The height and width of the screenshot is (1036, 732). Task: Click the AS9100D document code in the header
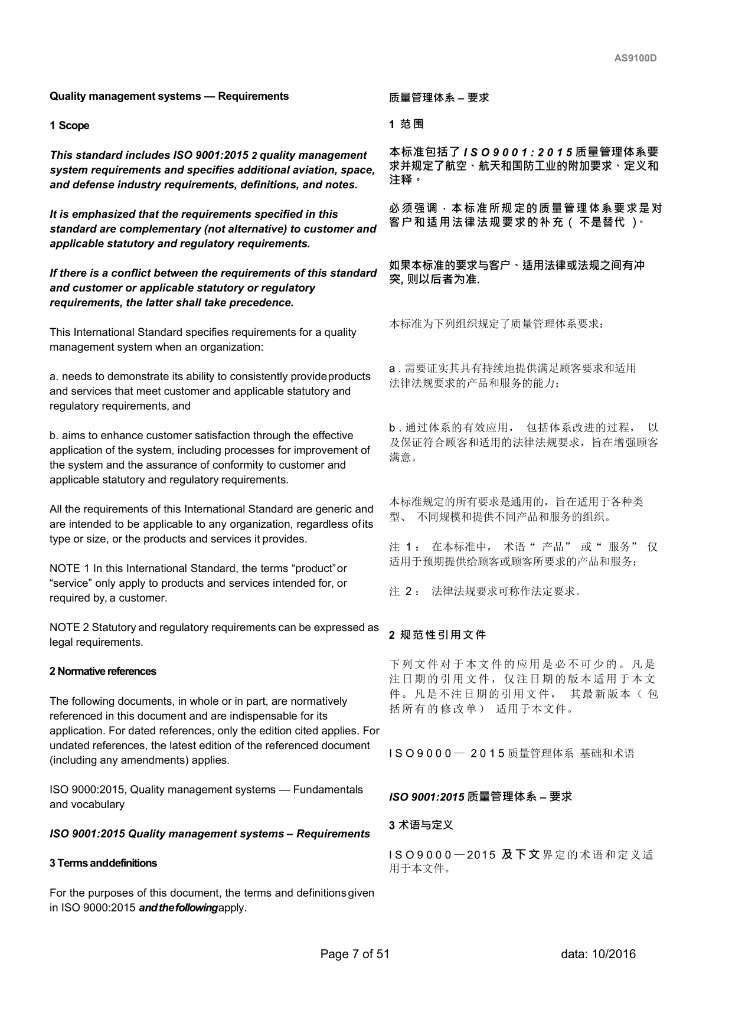[x=635, y=58]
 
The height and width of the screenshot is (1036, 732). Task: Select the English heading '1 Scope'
[x=70, y=126]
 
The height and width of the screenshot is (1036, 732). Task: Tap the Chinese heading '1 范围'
[x=406, y=124]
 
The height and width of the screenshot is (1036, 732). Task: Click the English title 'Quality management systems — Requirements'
[x=169, y=96]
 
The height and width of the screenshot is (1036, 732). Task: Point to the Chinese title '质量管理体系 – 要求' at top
[x=439, y=97]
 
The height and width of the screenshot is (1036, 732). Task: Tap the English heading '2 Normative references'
[x=103, y=672]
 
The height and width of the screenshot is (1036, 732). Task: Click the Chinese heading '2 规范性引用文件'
[x=437, y=635]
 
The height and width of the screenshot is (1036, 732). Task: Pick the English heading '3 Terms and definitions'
[x=103, y=864]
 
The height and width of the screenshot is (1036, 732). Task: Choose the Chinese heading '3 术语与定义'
[x=421, y=825]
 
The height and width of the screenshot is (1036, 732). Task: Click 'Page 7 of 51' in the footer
[x=355, y=954]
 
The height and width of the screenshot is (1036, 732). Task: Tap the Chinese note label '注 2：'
[x=405, y=591]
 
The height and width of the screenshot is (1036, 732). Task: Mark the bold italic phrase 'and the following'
[x=178, y=908]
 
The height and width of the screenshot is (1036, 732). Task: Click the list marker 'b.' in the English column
[x=54, y=436]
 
